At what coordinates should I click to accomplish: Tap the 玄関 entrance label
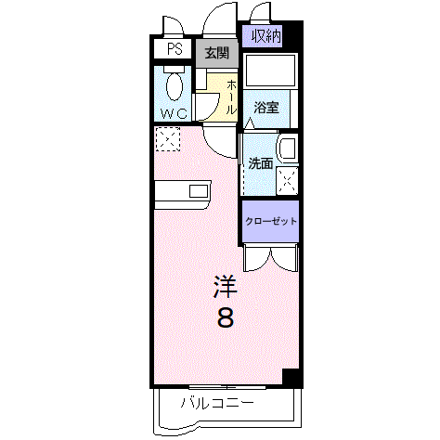click(216, 53)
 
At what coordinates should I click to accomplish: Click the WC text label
click(174, 113)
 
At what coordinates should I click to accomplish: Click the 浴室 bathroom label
click(267, 107)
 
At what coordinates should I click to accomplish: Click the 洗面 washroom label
click(260, 163)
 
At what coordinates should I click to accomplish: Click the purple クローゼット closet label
click(271, 222)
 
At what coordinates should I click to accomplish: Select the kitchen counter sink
click(200, 191)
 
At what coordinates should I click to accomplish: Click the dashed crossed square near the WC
click(168, 140)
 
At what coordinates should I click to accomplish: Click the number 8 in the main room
click(226, 317)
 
